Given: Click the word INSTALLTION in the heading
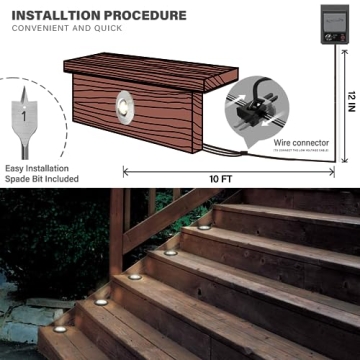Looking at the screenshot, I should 50,16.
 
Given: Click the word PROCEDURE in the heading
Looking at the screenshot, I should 141,16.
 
